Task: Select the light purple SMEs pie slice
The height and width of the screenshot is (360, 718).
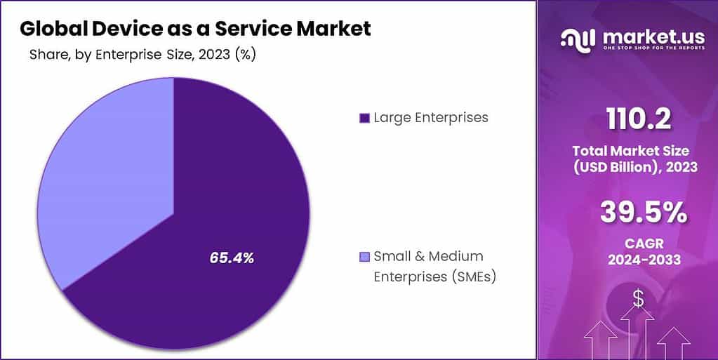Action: [105, 175]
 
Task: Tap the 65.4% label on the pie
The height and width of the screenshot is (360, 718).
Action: [232, 258]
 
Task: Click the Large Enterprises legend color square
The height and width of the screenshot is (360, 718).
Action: [364, 118]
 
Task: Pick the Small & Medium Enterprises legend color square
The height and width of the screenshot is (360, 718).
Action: [364, 257]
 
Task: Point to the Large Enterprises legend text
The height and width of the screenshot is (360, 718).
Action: [430, 117]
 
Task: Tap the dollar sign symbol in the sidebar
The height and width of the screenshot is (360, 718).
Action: [637, 298]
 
